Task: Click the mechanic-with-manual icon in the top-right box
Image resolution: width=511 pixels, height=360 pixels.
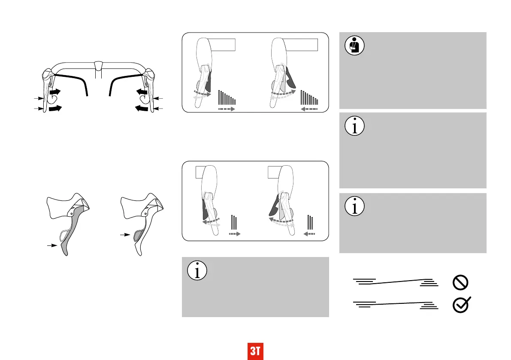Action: click(354, 45)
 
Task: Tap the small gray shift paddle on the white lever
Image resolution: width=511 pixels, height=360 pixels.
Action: click(137, 236)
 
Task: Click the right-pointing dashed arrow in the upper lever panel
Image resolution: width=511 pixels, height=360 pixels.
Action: click(227, 109)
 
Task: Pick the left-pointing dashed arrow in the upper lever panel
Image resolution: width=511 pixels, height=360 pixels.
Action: click(309, 109)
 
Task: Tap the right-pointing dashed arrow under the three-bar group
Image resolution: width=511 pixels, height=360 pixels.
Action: click(233, 234)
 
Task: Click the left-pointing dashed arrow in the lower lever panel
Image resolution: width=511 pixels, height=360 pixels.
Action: click(309, 234)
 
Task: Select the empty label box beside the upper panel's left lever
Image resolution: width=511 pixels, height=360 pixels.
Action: click(223, 45)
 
